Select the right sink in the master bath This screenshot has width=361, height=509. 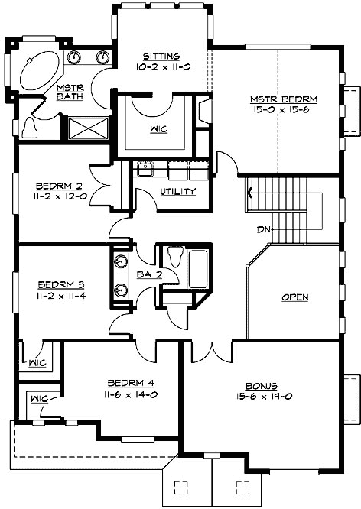102,57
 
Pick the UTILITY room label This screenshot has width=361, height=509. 177,191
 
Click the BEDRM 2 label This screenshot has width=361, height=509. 59,186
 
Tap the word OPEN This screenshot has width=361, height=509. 294,297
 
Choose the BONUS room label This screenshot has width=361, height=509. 261,386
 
